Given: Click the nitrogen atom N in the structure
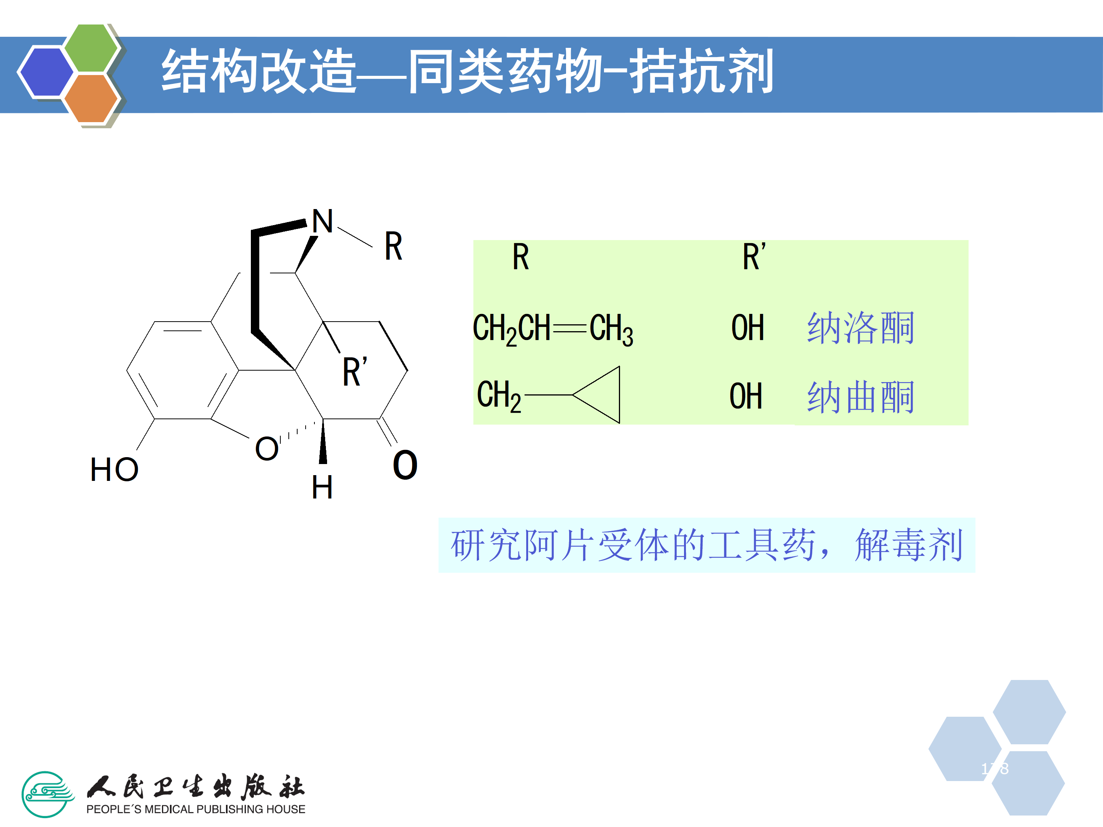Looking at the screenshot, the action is point(322,221).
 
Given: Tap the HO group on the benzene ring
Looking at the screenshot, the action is point(114,469).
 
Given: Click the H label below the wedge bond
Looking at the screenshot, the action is point(322,487).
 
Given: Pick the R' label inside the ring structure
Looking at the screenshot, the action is point(355,371).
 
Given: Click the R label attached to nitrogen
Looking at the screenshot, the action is point(393,246).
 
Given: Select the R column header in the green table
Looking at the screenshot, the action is point(520,257).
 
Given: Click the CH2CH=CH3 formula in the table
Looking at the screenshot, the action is point(553,329).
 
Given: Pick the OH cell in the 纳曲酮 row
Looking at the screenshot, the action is point(746,396).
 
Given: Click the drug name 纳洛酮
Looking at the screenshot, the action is point(861,328).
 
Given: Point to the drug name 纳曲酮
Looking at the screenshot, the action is point(861,397).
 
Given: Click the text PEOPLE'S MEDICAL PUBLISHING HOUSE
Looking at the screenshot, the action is point(195,809).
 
